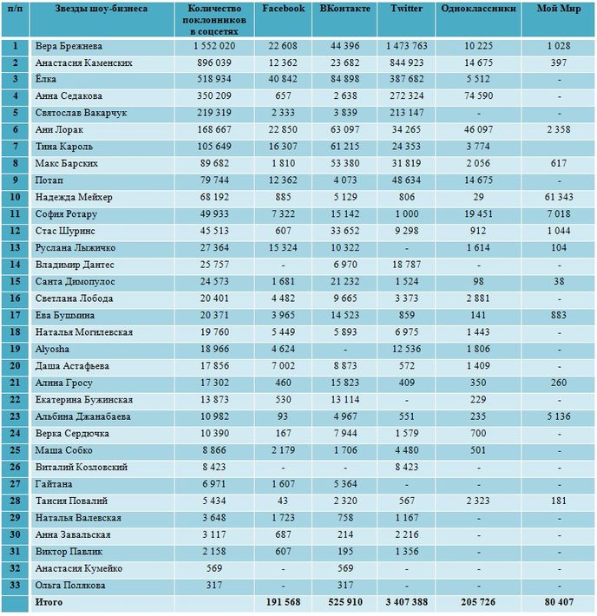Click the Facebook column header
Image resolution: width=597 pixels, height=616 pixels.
283,9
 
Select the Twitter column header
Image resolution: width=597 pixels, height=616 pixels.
406,9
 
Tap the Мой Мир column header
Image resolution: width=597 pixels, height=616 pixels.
559,9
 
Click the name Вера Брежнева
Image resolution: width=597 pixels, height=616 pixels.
69,46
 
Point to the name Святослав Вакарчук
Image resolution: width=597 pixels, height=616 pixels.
81,113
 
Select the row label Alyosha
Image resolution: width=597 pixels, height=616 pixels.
52,350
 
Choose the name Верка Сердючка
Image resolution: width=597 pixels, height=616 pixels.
72,434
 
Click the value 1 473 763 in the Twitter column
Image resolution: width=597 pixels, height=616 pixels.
406,46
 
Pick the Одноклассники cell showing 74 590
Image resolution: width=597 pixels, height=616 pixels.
478,95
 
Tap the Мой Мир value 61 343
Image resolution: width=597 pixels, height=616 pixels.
559,197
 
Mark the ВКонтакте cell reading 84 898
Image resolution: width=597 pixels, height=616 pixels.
344,79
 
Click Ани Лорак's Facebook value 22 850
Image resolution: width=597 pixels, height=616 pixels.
283,129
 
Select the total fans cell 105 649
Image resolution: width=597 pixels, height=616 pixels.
214,147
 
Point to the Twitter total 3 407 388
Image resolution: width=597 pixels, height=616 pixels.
406,602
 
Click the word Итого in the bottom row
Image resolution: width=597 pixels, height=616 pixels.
49,602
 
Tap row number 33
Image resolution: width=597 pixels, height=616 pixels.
15,586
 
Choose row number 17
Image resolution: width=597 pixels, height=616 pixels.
15,316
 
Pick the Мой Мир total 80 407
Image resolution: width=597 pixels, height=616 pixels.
559,602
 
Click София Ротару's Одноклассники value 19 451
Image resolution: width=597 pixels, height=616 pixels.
478,214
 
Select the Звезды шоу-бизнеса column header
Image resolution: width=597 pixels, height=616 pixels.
102,9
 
